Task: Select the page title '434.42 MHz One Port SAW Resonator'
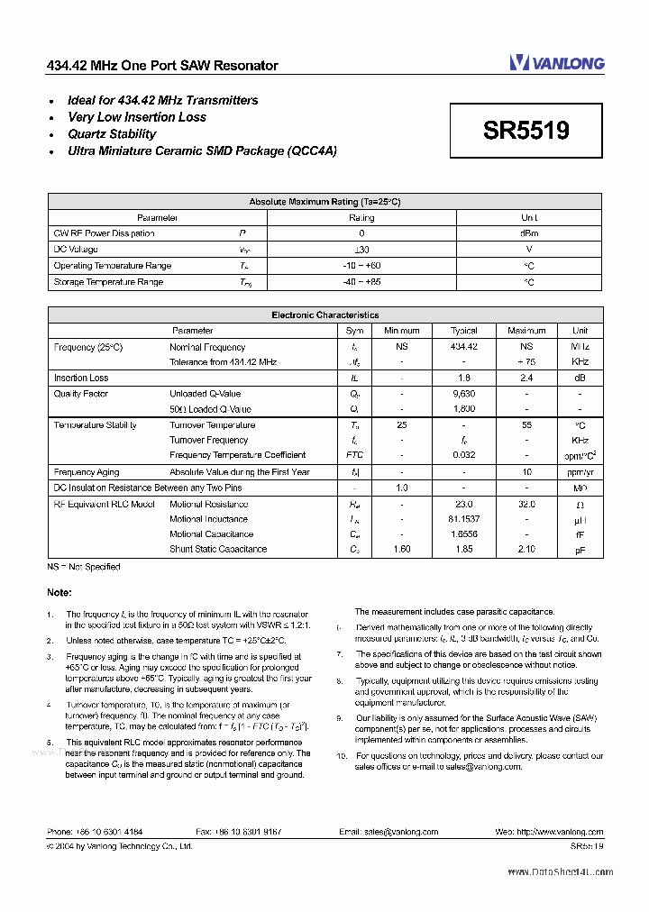162,66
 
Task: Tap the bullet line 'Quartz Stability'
112,134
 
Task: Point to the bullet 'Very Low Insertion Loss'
136,117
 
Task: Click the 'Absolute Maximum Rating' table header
324,202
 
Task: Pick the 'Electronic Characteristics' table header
324,315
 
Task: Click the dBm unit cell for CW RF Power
529,233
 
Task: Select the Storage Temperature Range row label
108,282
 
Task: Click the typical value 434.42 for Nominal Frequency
463,347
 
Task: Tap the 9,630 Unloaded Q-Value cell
463,394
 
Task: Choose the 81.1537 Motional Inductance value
463,519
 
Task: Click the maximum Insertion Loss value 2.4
526,378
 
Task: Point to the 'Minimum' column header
401,331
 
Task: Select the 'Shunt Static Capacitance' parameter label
218,549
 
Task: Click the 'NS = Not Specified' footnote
83,567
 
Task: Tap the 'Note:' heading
59,592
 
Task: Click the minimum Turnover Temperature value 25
401,425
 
